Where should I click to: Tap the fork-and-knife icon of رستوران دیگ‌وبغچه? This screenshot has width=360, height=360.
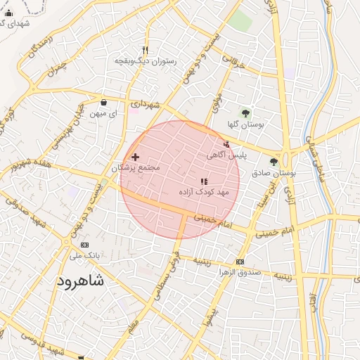145,50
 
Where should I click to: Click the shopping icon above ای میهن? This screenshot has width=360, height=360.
104,102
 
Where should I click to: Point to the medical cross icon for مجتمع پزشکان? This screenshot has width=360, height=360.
135,157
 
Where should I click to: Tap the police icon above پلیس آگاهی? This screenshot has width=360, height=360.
226,144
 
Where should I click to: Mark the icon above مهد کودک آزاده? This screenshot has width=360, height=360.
204,181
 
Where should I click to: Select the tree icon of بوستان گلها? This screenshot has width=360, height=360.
245,112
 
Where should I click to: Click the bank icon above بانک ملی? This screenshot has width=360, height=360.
85,245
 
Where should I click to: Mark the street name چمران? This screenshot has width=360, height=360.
59,67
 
